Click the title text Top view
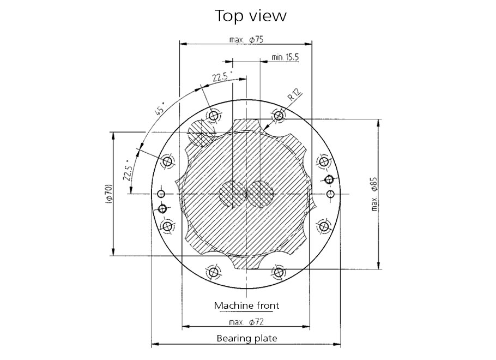pyautogui.click(x=251, y=15)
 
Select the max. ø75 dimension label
pyautogui.click(x=246, y=39)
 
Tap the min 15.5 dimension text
pyautogui.click(x=285, y=57)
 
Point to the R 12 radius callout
pyautogui.click(x=295, y=95)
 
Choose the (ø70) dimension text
pyautogui.click(x=108, y=194)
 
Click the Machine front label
pyautogui.click(x=246, y=305)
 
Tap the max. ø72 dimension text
pyautogui.click(x=246, y=322)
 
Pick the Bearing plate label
pyautogui.click(x=246, y=338)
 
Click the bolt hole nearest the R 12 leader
pyautogui.click(x=279, y=115)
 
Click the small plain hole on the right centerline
pyautogui.click(x=330, y=194)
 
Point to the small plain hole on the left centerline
pyautogui.click(x=161, y=194)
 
